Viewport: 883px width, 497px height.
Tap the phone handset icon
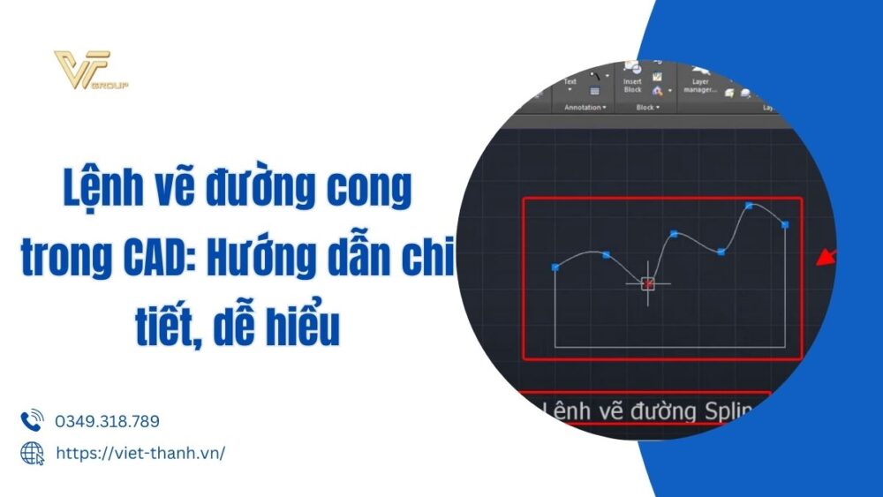pyautogui.click(x=32, y=421)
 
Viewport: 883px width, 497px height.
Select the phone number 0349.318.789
pyautogui.click(x=108, y=422)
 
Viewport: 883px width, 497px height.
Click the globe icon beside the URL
pyautogui.click(x=32, y=453)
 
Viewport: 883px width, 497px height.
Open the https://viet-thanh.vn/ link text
pyautogui.click(x=140, y=453)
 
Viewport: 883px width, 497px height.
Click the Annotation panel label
pyautogui.click(x=584, y=108)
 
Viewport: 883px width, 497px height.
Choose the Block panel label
pyautogui.click(x=646, y=108)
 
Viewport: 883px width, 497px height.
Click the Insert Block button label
pyautogui.click(x=632, y=86)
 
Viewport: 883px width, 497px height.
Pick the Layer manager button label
pyautogui.click(x=700, y=86)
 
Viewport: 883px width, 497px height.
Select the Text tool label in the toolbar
pyautogui.click(x=570, y=82)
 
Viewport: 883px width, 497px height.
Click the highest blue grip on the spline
pyautogui.click(x=749, y=206)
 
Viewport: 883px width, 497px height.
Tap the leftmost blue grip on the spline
pyautogui.click(x=555, y=266)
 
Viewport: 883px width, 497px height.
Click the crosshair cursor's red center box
pyautogui.click(x=648, y=283)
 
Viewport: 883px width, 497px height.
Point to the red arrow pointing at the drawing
pyautogui.click(x=825, y=257)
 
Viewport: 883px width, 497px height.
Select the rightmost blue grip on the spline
pyautogui.click(x=785, y=225)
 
